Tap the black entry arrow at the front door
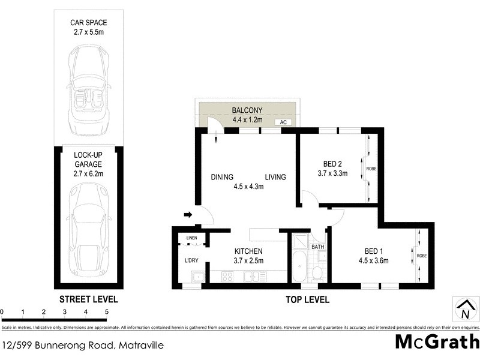coord(187,214)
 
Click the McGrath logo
coord(437,342)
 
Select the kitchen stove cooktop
coord(227,277)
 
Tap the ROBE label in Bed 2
coord(371,168)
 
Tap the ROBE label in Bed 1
coord(422,256)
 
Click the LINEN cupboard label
coord(191,239)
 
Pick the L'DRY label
coord(191,260)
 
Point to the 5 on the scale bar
coord(106,312)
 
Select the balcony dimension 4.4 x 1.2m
coord(248,120)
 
